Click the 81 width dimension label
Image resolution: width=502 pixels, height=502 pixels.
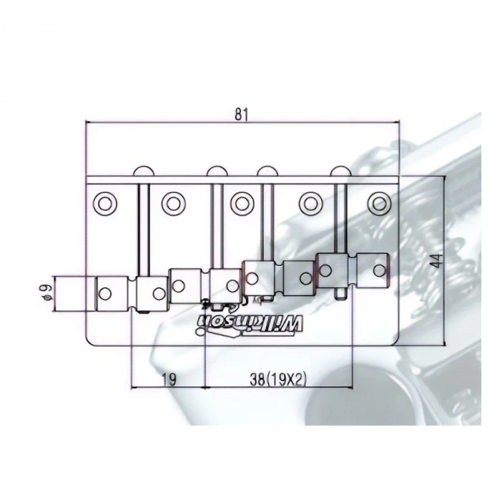242,114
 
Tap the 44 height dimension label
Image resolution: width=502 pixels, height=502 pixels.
436,260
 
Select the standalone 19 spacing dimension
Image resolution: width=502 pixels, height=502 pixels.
169,379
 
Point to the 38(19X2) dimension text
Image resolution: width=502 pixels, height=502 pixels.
278,379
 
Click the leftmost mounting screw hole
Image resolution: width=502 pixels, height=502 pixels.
105,203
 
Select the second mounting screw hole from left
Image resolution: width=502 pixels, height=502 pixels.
174,203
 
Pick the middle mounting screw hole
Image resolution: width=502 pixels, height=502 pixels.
242,203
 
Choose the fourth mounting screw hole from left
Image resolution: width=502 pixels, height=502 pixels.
311,203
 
